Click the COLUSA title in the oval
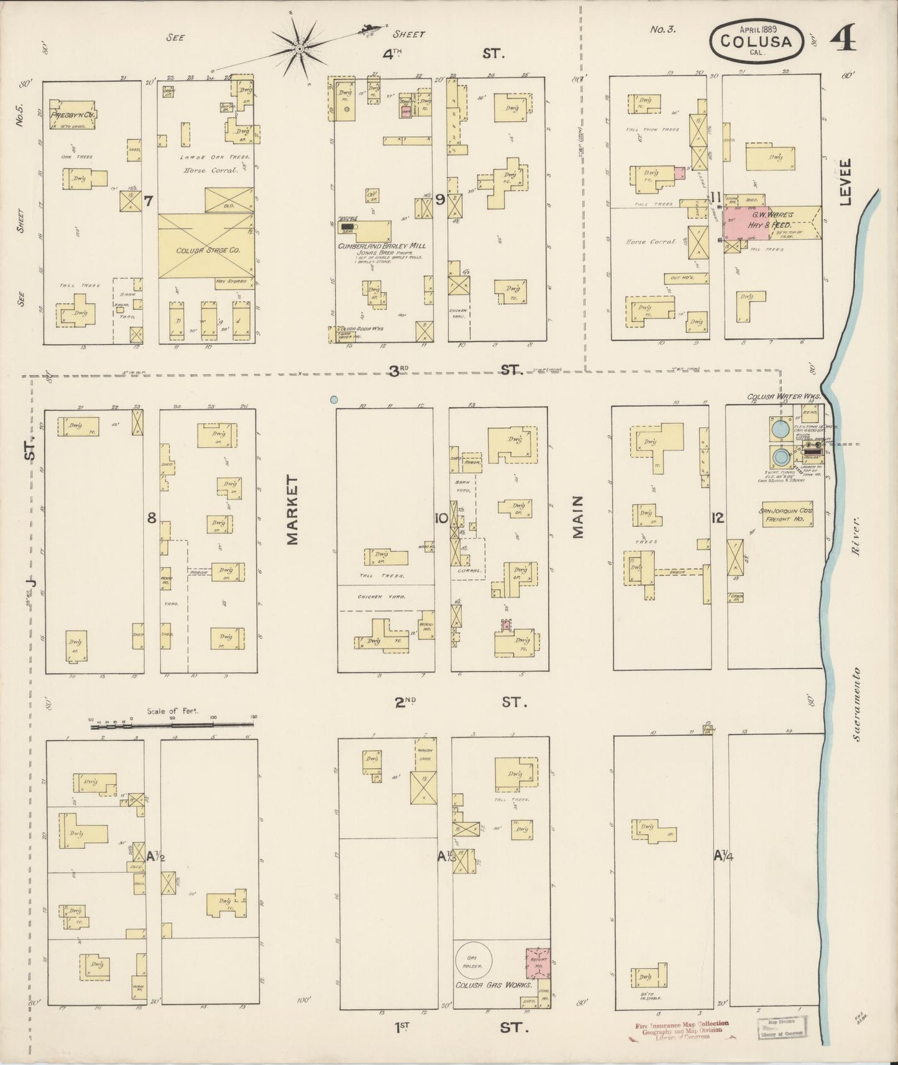tap(756, 42)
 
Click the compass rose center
tap(299, 48)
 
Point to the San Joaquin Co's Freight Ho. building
tap(786, 515)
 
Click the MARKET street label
tap(293, 511)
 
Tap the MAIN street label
tap(579, 517)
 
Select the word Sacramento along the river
tap(856, 705)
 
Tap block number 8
tap(151, 517)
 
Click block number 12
tap(718, 517)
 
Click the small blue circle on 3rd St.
tap(334, 400)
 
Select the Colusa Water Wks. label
tap(784, 396)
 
